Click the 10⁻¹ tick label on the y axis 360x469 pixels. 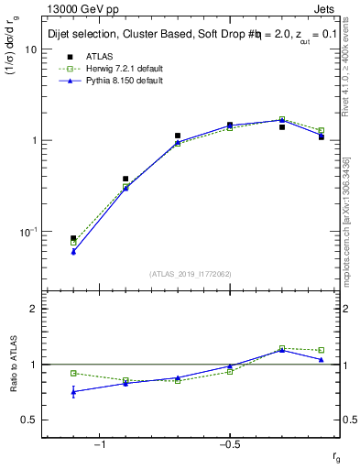[x=27, y=232]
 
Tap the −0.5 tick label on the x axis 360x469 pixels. [x=228, y=444]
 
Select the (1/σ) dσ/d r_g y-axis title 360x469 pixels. [x=13, y=73]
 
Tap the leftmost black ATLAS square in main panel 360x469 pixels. [x=73, y=238]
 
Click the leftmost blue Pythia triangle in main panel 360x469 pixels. [x=73, y=251]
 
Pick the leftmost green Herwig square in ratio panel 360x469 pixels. [x=73, y=373]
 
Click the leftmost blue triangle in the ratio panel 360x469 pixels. [x=73, y=392]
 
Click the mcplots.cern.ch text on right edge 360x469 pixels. [x=349, y=247]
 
